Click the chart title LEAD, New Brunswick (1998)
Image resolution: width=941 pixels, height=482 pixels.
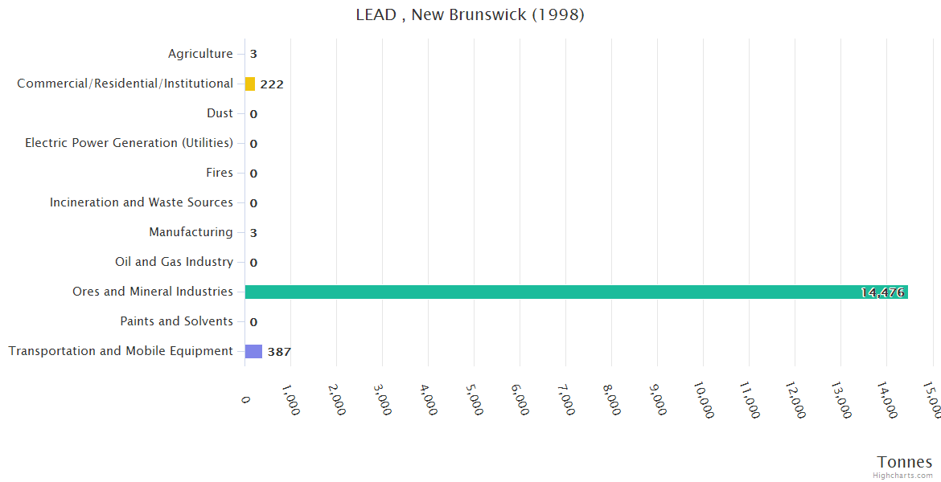click(x=470, y=15)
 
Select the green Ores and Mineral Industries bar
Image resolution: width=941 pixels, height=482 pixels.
click(x=576, y=292)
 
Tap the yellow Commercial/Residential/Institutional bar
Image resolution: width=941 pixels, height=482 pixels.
click(x=250, y=84)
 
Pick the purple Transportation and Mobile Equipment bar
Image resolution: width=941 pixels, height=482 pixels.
click(x=253, y=351)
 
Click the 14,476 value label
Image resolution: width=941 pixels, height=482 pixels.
click(x=882, y=292)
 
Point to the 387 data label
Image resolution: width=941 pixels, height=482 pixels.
click(x=279, y=352)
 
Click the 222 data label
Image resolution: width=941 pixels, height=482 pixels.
click(x=272, y=84)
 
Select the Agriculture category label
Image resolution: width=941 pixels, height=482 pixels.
click(x=200, y=54)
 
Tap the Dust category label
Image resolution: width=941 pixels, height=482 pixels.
click(x=220, y=113)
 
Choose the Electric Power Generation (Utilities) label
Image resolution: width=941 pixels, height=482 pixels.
click(x=129, y=143)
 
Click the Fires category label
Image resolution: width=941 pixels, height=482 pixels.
click(x=220, y=173)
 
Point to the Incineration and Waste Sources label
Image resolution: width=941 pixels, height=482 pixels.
click(x=142, y=202)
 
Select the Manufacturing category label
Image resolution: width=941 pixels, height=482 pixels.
click(x=191, y=232)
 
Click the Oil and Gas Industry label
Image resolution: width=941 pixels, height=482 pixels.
click(x=174, y=262)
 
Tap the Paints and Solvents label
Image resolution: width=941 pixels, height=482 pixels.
click(x=176, y=321)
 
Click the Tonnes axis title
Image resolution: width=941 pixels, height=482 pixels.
click(x=904, y=462)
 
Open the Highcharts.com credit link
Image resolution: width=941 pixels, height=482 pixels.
click(x=903, y=476)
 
